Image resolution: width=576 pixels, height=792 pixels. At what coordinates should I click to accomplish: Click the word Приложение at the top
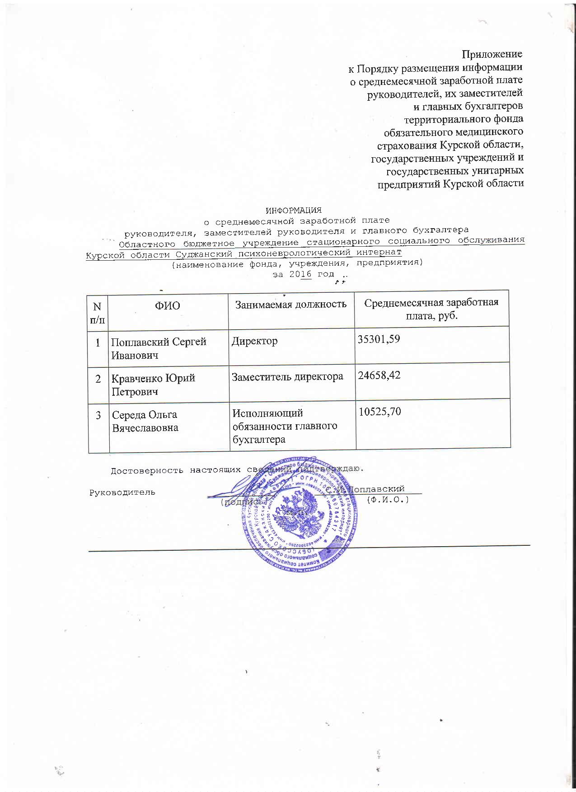click(492, 54)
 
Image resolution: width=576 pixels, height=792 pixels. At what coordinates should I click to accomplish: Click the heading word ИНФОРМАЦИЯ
click(293, 210)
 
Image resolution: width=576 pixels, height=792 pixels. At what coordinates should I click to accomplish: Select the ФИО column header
click(167, 306)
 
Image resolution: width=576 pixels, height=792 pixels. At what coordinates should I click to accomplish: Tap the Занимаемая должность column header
click(291, 304)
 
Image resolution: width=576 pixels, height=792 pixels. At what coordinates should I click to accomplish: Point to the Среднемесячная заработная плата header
click(431, 309)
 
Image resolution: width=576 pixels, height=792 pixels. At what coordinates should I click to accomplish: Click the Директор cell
click(255, 341)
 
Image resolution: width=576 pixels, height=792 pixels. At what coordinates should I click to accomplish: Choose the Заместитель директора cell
click(287, 376)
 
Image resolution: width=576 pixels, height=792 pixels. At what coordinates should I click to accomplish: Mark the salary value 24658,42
click(379, 375)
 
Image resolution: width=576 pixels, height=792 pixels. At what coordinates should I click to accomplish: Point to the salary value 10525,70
click(379, 412)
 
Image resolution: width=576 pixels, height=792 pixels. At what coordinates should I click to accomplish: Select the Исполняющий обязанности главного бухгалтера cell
click(284, 426)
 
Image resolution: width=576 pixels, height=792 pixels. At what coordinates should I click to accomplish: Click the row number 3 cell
click(98, 415)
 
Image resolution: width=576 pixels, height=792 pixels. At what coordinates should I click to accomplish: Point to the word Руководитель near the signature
click(122, 492)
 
